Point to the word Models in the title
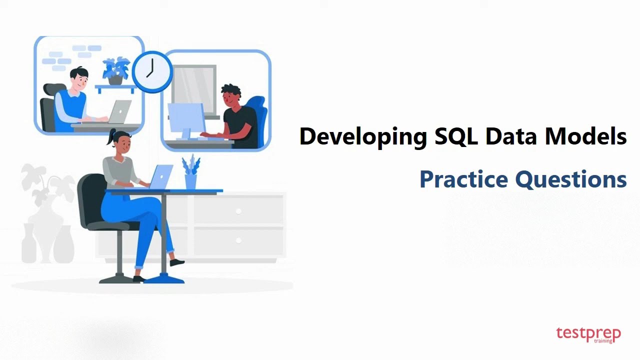click(585, 136)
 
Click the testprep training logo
click(588, 334)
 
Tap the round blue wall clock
click(151, 71)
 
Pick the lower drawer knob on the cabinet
click(238, 241)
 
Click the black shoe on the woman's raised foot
click(177, 262)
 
